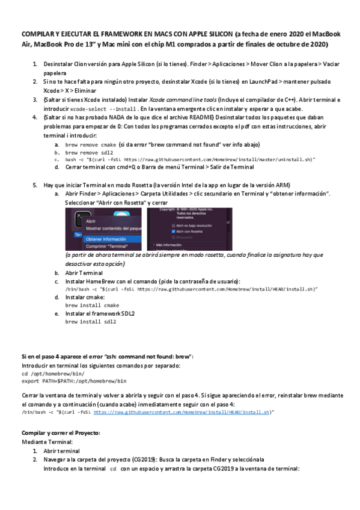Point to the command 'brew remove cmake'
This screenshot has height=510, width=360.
90,145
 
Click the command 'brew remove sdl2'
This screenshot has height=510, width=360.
88,153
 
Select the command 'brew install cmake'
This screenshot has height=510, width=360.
91,305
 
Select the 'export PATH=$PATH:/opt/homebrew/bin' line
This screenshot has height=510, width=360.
74,381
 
